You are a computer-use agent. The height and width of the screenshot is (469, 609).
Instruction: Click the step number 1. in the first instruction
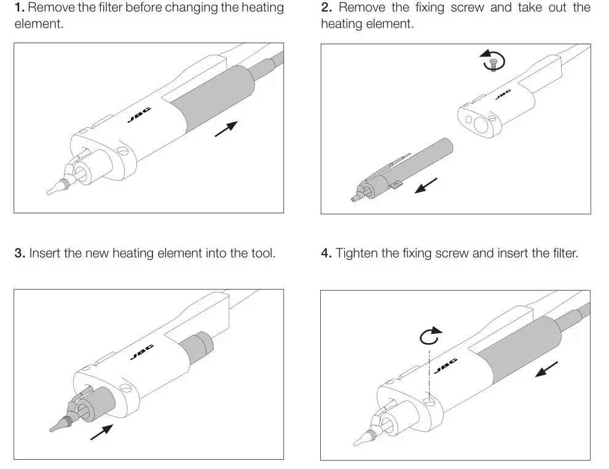[20, 9]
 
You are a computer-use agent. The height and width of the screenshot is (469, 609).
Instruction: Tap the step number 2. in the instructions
[326, 9]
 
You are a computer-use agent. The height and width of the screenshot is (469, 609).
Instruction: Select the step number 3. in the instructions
[20, 253]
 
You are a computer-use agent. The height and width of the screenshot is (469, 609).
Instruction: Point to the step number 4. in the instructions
[326, 253]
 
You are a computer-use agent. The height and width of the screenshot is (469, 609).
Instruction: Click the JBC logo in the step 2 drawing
[503, 95]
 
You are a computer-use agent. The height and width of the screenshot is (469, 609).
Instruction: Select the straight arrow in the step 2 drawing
[426, 185]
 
